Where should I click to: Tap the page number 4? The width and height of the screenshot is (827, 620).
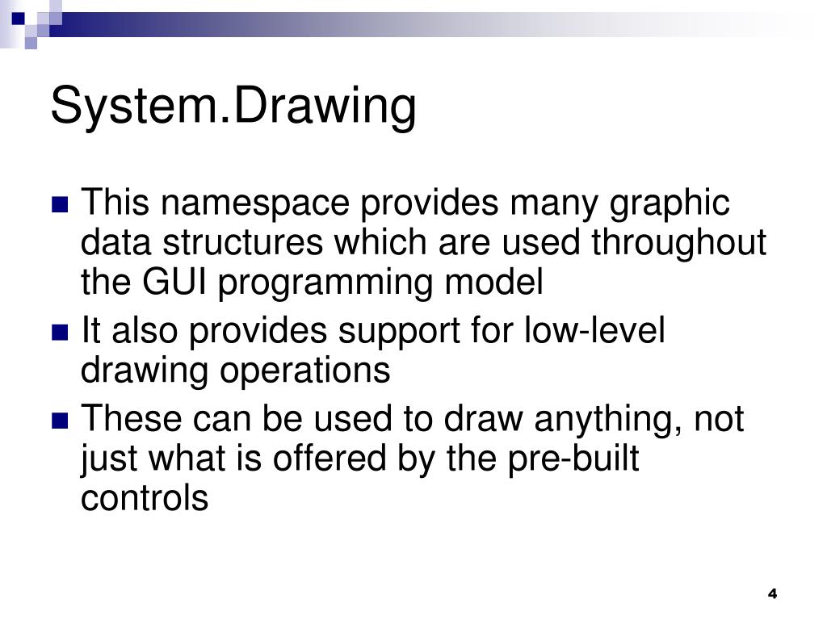click(x=772, y=594)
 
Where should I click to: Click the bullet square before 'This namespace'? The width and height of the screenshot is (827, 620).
click(x=61, y=204)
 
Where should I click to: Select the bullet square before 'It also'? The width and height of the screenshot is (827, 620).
click(x=61, y=332)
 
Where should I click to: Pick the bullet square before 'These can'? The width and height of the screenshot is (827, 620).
click(x=61, y=421)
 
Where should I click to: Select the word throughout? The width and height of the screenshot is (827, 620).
click(x=678, y=243)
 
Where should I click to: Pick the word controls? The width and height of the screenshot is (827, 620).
click(x=145, y=498)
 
